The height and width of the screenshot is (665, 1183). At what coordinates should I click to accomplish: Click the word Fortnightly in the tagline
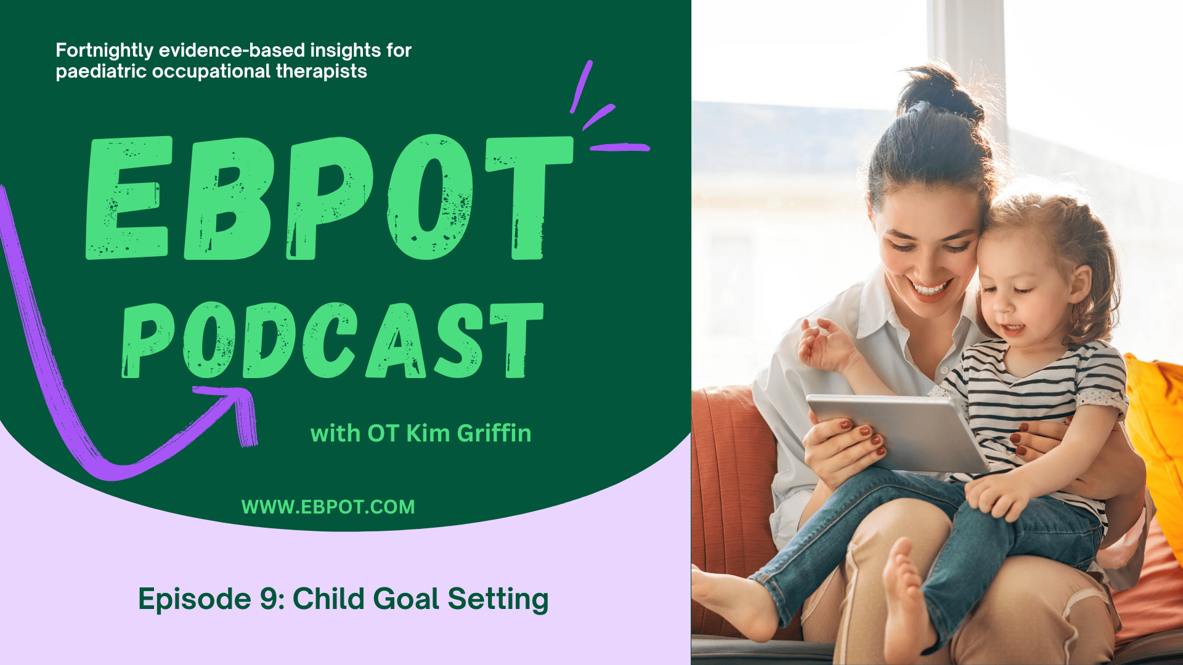(x=105, y=51)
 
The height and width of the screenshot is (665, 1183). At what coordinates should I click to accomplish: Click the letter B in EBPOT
(x=229, y=198)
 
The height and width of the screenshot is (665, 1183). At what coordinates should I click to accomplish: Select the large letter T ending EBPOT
(x=529, y=198)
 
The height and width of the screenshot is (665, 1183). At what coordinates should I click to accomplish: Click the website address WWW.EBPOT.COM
(x=328, y=507)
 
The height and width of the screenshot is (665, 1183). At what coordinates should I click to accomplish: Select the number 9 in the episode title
(x=269, y=598)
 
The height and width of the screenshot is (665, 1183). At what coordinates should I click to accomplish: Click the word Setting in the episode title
(x=498, y=600)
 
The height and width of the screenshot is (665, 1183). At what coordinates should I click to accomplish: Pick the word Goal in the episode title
(x=406, y=598)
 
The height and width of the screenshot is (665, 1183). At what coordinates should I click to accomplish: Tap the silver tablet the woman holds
(x=898, y=432)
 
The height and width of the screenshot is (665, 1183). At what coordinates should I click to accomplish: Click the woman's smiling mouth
(x=930, y=288)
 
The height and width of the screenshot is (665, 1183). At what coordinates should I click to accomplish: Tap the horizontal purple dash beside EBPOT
(x=620, y=147)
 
